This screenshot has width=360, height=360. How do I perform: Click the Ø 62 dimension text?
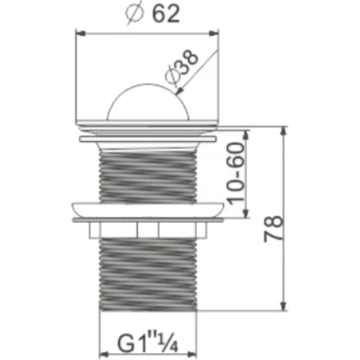[152, 14]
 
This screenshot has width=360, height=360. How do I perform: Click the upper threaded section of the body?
[148, 177]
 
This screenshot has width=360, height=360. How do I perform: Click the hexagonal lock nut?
[148, 230]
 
